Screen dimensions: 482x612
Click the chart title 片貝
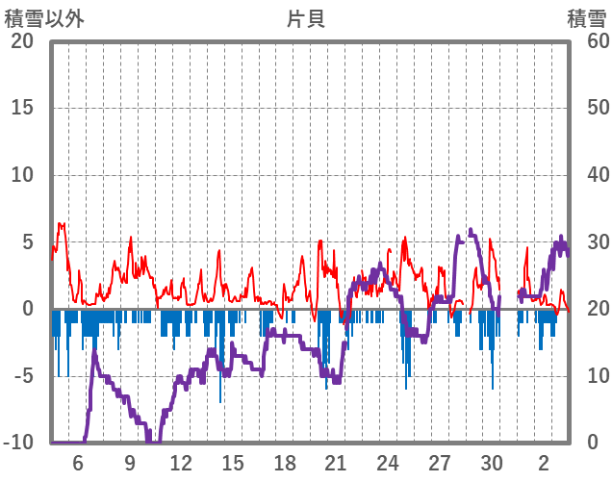pyautogui.click(x=305, y=19)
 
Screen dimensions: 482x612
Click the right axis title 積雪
pyautogui.click(x=586, y=19)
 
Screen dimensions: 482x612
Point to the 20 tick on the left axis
pyautogui.click(x=22, y=41)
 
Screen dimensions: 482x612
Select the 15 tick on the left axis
pyautogui.click(x=22, y=108)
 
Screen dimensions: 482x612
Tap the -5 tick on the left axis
pyautogui.click(x=23, y=376)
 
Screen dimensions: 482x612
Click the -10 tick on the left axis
pyautogui.click(x=19, y=443)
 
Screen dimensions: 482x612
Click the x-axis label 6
pyautogui.click(x=78, y=462)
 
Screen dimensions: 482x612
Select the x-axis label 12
pyautogui.click(x=181, y=462)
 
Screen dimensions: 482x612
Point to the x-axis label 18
pyautogui.click(x=285, y=462)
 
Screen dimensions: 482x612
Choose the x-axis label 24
pyautogui.click(x=388, y=462)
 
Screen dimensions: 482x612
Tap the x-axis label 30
pyautogui.click(x=492, y=462)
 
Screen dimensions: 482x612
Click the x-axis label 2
pyautogui.click(x=544, y=462)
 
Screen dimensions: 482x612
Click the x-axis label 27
pyautogui.click(x=440, y=462)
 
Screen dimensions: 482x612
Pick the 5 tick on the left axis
pyautogui.click(x=28, y=242)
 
